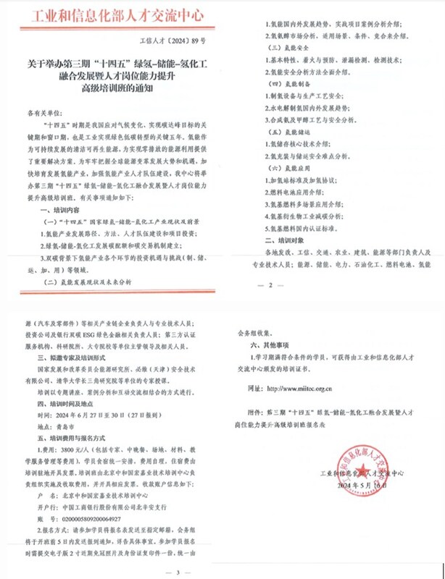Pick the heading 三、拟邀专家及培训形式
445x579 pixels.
click(x=72, y=357)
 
